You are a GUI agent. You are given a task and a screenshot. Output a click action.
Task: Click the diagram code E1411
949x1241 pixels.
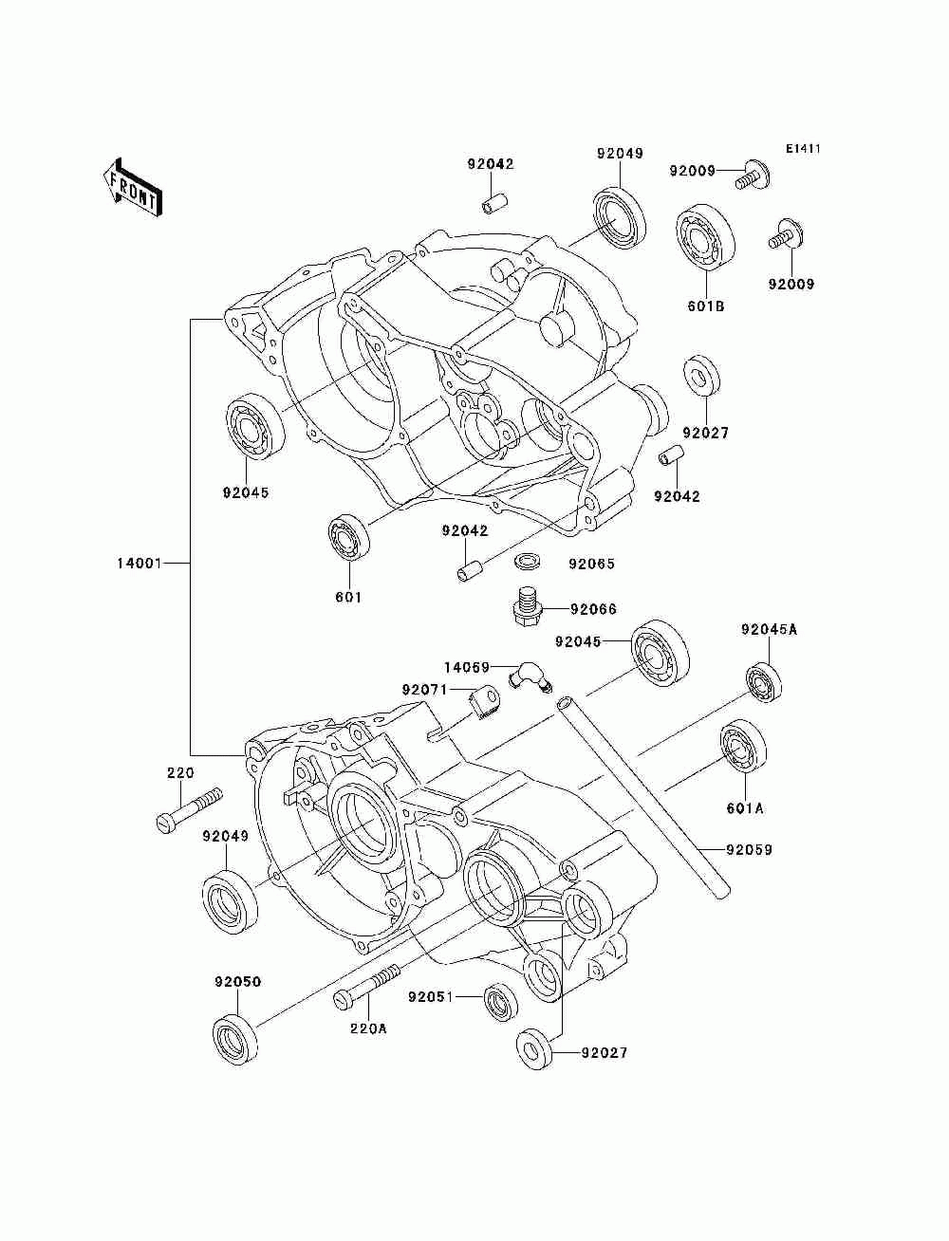point(802,149)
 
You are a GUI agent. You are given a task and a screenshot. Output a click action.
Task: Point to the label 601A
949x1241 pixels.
point(745,808)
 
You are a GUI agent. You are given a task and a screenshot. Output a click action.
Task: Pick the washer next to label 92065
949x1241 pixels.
point(528,562)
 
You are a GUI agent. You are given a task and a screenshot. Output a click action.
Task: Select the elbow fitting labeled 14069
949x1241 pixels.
point(528,676)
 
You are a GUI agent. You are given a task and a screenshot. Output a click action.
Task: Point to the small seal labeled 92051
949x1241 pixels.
point(500,1001)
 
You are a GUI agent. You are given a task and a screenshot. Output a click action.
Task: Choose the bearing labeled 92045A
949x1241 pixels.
point(763,681)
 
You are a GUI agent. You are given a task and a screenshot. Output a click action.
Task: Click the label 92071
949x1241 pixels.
point(423,690)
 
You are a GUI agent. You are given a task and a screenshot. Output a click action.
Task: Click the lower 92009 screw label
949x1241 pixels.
point(791,284)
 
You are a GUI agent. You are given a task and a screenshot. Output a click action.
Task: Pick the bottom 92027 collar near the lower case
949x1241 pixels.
point(535,1049)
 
